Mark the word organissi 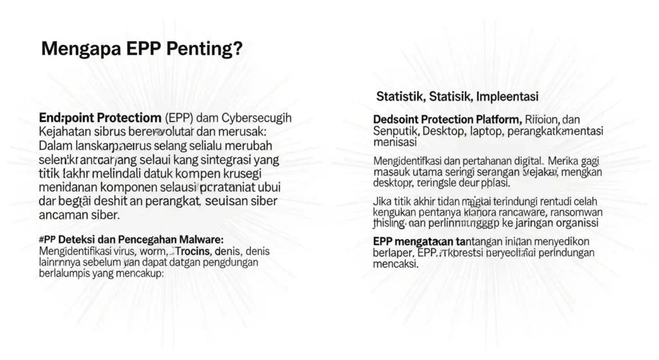(x=572, y=223)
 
